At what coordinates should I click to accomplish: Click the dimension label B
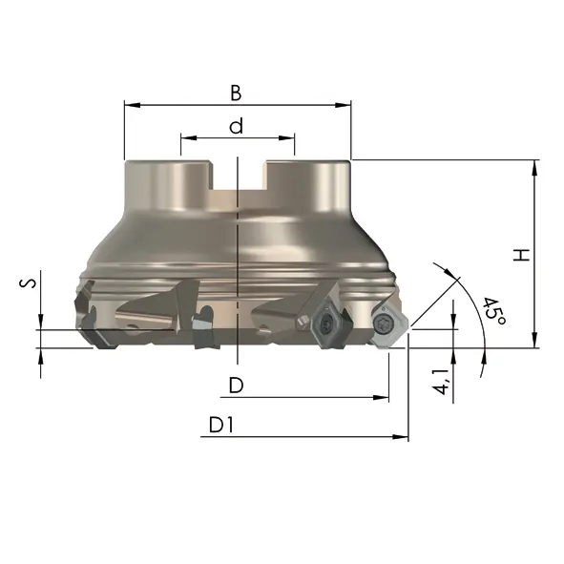click(236, 93)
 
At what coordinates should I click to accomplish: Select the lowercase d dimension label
click(237, 126)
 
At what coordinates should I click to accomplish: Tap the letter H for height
click(521, 255)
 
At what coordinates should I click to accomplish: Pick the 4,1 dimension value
click(441, 382)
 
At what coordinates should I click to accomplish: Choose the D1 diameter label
click(221, 425)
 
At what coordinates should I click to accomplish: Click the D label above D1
click(237, 385)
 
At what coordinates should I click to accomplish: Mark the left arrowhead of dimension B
click(132, 105)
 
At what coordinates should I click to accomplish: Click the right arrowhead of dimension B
click(343, 105)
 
